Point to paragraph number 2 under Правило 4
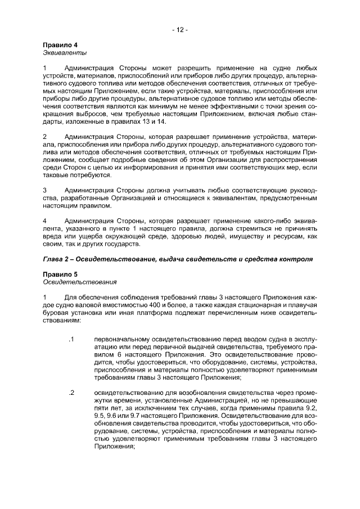[45, 136]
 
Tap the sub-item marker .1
[71, 340]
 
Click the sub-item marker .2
[71, 392]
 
